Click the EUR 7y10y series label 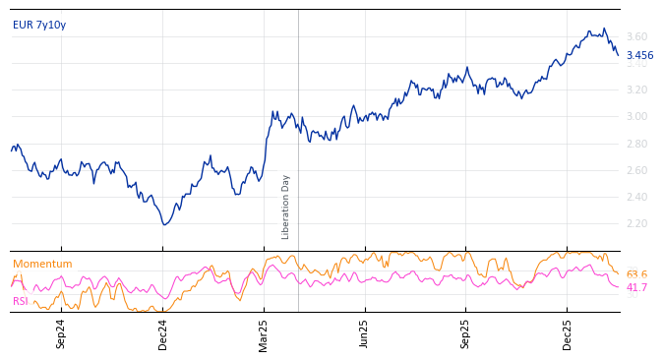[x=39, y=25]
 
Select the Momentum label [x=42, y=264]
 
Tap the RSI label [x=21, y=301]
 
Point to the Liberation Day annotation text [x=286, y=207]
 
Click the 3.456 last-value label [x=639, y=56]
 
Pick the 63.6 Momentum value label [x=636, y=274]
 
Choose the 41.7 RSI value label [x=636, y=287]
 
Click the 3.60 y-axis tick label [x=636, y=36]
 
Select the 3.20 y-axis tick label [x=636, y=90]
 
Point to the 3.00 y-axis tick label [x=636, y=116]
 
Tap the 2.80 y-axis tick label [x=636, y=144]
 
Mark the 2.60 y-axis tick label [x=636, y=170]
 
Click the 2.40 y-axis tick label [x=636, y=197]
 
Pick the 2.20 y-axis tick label [x=636, y=223]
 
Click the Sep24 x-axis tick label [x=61, y=333]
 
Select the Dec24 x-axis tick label [x=163, y=333]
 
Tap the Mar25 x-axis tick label [x=264, y=333]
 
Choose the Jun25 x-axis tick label [x=364, y=333]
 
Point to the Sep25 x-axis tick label [x=466, y=333]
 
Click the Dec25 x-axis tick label [x=568, y=333]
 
